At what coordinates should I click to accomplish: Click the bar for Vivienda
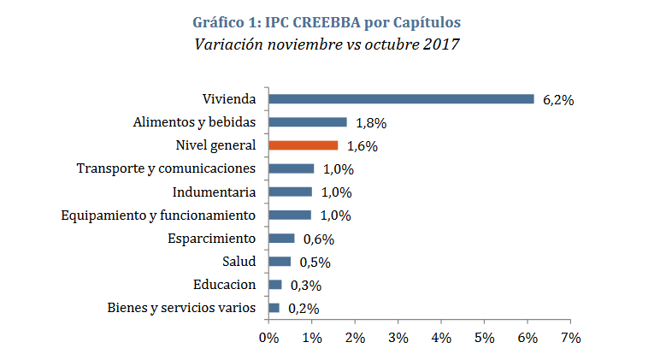401,99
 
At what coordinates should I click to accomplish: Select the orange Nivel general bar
303,145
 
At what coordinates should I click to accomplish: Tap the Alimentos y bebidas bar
307,122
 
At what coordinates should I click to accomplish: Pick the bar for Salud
280,262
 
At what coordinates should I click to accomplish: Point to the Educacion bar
275,285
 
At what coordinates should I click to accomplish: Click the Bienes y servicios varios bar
274,308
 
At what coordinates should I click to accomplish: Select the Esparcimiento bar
281,239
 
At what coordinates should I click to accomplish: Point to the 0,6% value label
318,239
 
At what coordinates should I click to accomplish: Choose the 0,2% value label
303,309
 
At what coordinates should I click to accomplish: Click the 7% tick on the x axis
570,338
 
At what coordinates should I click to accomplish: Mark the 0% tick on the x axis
268,338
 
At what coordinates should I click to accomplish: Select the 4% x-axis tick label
441,338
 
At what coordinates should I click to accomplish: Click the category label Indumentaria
214,192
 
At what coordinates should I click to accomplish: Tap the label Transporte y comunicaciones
166,168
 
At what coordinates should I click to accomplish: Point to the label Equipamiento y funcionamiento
159,215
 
